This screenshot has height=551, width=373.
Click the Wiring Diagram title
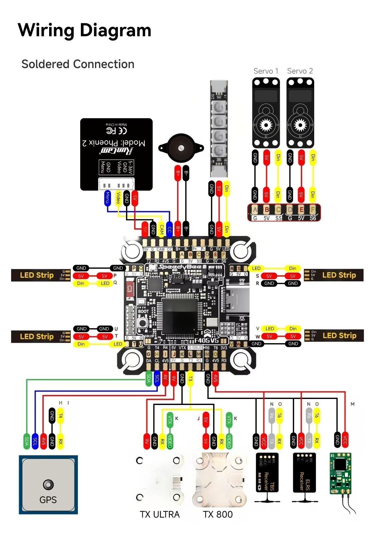click(85, 30)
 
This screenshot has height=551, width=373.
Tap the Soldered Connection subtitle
click(78, 64)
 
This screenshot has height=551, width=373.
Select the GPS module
click(48, 485)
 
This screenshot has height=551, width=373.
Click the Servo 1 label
click(266, 71)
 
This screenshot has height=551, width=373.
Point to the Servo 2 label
click(300, 71)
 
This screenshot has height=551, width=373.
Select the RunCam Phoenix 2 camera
click(116, 154)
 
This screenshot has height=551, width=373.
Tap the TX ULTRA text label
click(160, 514)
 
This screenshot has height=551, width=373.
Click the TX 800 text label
click(218, 514)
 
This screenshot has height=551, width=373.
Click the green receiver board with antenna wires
click(341, 473)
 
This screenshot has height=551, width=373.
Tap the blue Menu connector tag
click(107, 197)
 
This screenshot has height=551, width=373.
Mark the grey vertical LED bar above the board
click(219, 129)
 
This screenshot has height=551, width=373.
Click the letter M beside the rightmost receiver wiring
click(352, 404)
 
